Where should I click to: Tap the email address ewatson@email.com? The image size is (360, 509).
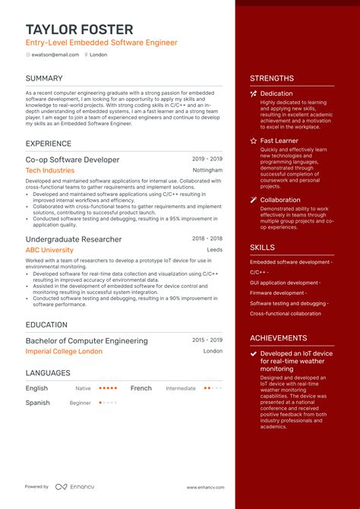pyautogui.click(x=55, y=55)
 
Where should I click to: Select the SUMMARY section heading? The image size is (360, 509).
pyautogui.click(x=44, y=78)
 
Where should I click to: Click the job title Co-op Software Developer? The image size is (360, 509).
pyautogui.click(x=72, y=160)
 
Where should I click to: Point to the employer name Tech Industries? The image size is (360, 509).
pyautogui.click(x=50, y=171)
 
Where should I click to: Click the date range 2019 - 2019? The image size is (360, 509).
pyautogui.click(x=207, y=160)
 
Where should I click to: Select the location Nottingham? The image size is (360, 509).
pyautogui.click(x=207, y=171)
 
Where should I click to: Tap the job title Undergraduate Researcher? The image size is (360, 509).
pyautogui.click(x=74, y=239)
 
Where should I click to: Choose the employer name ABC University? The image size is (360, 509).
pyautogui.click(x=49, y=250)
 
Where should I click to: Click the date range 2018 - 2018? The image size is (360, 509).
pyautogui.click(x=207, y=239)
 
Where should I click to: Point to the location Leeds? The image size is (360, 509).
pyautogui.click(x=214, y=250)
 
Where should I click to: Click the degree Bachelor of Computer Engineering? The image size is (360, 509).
pyautogui.click(x=87, y=341)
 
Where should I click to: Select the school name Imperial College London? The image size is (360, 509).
pyautogui.click(x=64, y=352)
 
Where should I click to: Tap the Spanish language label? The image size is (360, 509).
pyautogui.click(x=37, y=403)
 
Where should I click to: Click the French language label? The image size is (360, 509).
pyautogui.click(x=141, y=388)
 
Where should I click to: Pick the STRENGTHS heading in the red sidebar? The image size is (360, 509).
pyautogui.click(x=271, y=78)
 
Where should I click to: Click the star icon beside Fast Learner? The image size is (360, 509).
pyautogui.click(x=253, y=141)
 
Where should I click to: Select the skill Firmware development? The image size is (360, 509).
pyautogui.click(x=278, y=292)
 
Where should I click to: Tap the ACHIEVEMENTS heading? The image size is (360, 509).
pyautogui.click(x=278, y=338)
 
